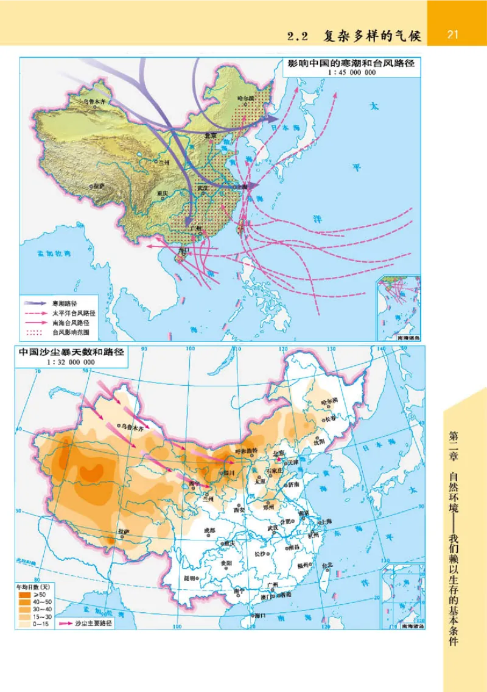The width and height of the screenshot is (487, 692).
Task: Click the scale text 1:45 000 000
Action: (345, 72)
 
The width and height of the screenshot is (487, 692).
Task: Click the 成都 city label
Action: (209, 530)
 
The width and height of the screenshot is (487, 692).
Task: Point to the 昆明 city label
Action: (191, 578)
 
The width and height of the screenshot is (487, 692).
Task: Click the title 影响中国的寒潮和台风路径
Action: (346, 63)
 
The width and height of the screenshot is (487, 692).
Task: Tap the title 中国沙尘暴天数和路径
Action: (71, 352)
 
